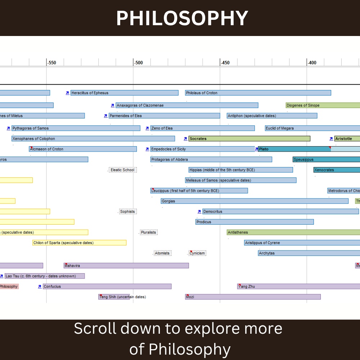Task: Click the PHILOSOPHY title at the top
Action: (x=182, y=18)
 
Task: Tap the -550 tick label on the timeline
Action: (x=52, y=63)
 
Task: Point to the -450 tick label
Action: (x=225, y=63)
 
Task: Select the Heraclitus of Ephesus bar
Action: (x=124, y=93)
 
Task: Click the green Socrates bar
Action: (x=249, y=139)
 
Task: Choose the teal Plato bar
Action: (x=294, y=149)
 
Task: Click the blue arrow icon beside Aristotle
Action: (x=331, y=139)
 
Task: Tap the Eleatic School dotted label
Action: (x=123, y=170)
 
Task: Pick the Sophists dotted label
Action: (x=128, y=212)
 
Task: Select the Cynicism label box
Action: (x=197, y=253)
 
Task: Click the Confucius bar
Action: (x=107, y=287)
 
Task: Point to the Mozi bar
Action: (x=253, y=297)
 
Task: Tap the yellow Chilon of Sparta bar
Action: (x=79, y=243)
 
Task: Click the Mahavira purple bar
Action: (x=126, y=266)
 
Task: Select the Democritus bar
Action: (x=280, y=212)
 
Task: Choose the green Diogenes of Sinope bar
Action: (x=323, y=105)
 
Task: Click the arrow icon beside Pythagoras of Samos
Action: (x=8, y=128)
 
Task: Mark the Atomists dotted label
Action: (x=162, y=253)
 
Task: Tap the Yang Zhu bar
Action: (x=298, y=287)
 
